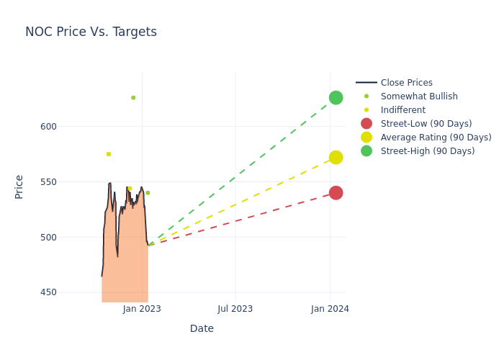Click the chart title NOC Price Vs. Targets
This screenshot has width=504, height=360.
tap(91, 32)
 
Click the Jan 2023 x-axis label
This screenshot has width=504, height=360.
tap(142, 309)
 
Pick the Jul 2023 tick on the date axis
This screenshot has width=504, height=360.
tap(235, 309)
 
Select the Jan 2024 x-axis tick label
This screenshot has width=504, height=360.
tap(330, 309)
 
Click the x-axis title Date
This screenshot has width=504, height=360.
tap(202, 329)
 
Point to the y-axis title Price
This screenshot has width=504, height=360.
tap(19, 186)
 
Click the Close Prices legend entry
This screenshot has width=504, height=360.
tap(406, 83)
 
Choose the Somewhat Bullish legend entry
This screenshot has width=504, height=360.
tap(418, 96)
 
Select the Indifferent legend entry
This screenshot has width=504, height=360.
tap(402, 110)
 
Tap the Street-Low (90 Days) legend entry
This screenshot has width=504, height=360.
tap(426, 124)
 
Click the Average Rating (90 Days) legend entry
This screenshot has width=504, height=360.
tap(436, 138)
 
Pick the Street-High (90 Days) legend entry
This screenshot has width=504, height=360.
tap(427, 151)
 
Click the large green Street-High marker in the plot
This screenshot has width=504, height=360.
tap(336, 98)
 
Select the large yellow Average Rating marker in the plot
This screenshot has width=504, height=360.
tap(336, 157)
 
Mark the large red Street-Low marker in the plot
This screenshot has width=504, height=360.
tap(336, 193)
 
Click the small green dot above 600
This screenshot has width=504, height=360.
tap(133, 98)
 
